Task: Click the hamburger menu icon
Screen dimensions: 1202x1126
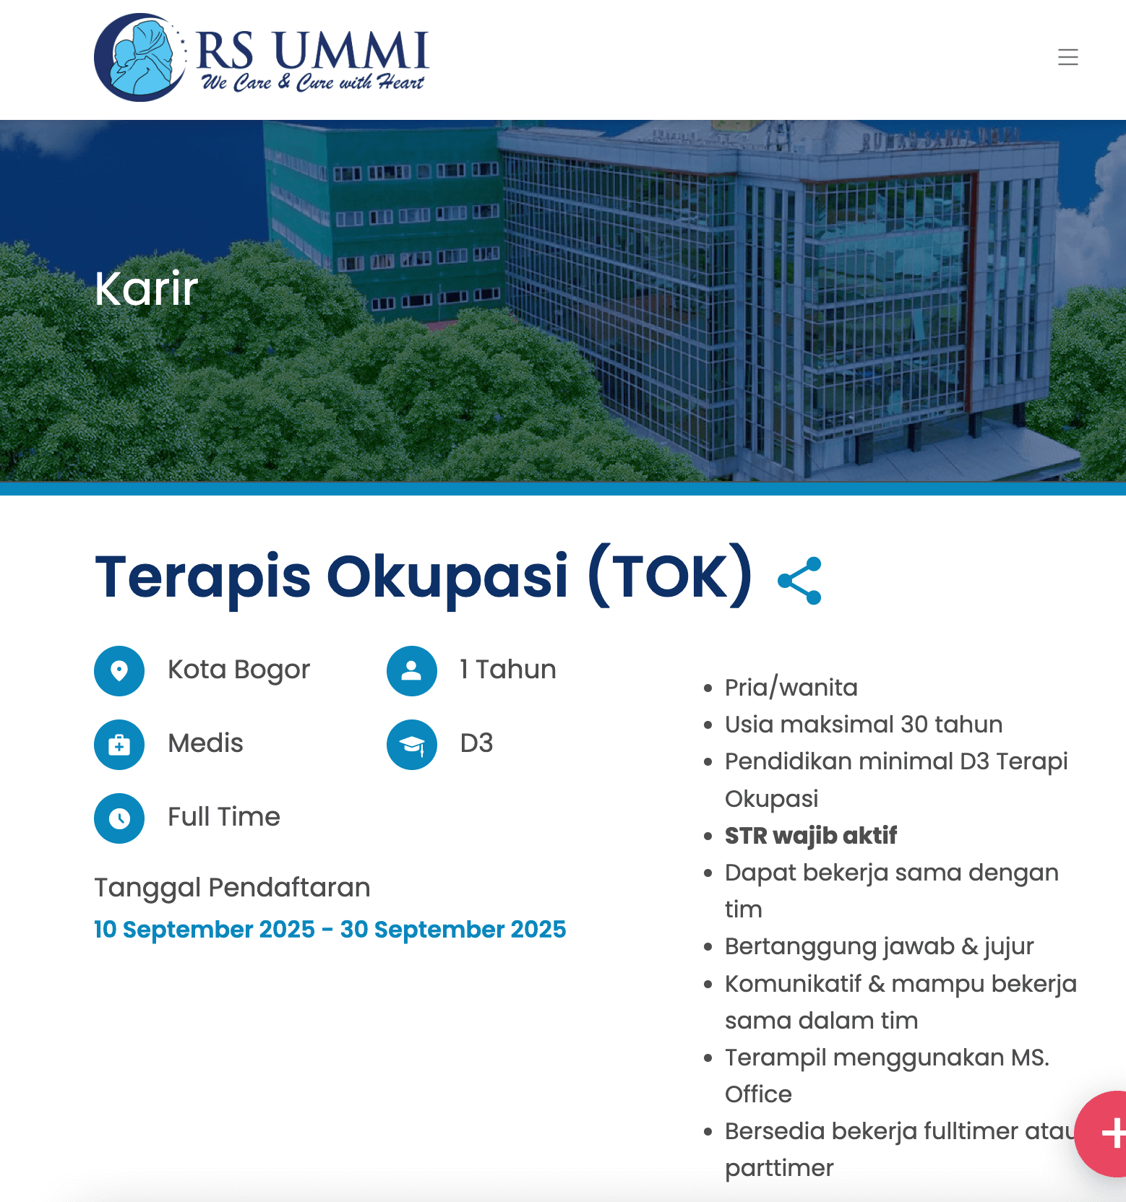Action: [x=1067, y=57]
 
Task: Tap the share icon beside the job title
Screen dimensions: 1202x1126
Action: [x=799, y=580]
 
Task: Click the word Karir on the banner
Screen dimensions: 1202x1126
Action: [x=146, y=289]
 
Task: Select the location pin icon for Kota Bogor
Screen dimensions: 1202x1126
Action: [x=119, y=670]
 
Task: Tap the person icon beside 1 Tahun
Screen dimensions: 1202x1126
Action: [x=411, y=670]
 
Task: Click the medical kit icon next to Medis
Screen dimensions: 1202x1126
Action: [x=119, y=744]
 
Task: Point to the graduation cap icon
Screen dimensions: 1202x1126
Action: [x=411, y=744]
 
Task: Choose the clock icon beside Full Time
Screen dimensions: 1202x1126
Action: [x=119, y=818]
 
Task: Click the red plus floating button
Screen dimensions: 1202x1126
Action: [x=1106, y=1133]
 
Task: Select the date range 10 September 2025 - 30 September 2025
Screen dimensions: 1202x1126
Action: [x=330, y=929]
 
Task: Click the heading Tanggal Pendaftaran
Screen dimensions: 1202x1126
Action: [x=232, y=887]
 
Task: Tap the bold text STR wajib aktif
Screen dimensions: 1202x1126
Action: [x=810, y=836]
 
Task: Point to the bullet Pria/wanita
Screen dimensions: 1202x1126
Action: [x=791, y=688]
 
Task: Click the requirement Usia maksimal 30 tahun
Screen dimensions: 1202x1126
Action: [x=863, y=725]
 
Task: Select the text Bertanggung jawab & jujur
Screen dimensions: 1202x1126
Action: [x=879, y=946]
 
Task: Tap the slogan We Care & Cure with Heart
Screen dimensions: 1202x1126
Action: [x=312, y=82]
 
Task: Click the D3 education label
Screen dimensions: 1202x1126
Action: [x=476, y=743]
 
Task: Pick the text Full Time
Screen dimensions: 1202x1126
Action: [x=223, y=817]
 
